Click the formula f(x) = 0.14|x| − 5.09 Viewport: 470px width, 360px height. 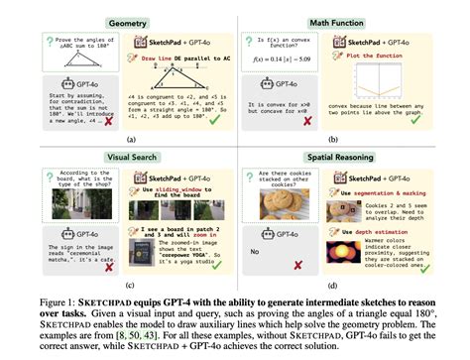coord(296,60)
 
